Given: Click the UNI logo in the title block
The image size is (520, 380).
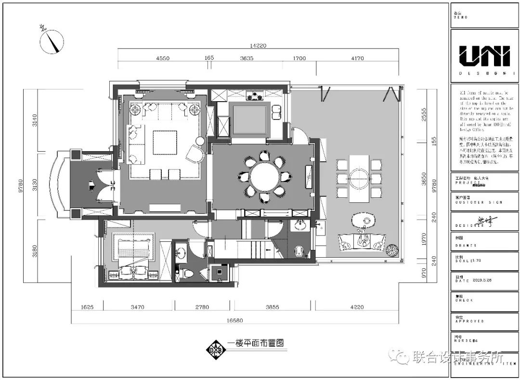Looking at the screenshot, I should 484,56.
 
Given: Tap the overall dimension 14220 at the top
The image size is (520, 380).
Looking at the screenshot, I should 258,45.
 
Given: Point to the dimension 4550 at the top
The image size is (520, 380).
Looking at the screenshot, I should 162,58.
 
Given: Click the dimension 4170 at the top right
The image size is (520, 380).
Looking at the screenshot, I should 357,58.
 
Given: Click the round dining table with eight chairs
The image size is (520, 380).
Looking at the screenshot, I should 265,176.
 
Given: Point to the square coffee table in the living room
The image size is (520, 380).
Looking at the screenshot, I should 165,143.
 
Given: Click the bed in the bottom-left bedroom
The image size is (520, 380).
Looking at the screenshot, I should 133,254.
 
